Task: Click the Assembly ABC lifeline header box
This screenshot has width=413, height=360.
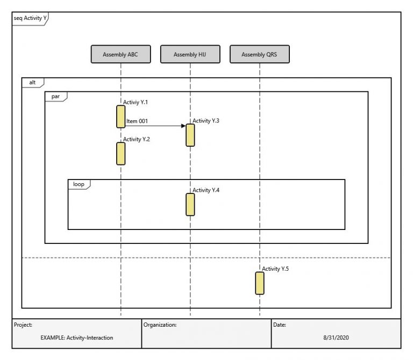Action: [x=121, y=54]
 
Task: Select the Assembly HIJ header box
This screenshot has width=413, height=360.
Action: [x=190, y=54]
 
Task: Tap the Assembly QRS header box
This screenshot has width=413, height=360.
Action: [x=260, y=54]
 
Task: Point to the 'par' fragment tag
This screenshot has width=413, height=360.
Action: [x=55, y=96]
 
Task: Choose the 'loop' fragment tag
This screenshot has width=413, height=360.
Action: [x=79, y=184]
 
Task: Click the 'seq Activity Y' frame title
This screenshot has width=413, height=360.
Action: [x=30, y=18]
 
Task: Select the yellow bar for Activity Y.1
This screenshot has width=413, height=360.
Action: [x=121, y=117]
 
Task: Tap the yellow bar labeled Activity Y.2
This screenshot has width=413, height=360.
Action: [x=121, y=154]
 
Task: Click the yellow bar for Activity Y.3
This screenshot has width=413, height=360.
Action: [x=190, y=135]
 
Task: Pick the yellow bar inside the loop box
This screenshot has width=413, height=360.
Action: [x=190, y=205]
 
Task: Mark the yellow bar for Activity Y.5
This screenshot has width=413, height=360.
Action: [x=260, y=283]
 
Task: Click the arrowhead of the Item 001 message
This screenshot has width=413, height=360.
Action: [x=183, y=126]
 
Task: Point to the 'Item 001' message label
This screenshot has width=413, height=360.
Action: [x=137, y=121]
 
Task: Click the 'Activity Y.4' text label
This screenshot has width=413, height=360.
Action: [x=206, y=190]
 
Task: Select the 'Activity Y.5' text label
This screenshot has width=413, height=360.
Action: [x=275, y=269]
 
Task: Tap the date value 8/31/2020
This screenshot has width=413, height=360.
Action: [x=336, y=338]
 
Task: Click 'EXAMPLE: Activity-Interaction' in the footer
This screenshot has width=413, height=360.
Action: [x=77, y=338]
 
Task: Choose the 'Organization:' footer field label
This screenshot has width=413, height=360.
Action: [x=160, y=325]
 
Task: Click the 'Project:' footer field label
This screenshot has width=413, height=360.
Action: [x=24, y=325]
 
